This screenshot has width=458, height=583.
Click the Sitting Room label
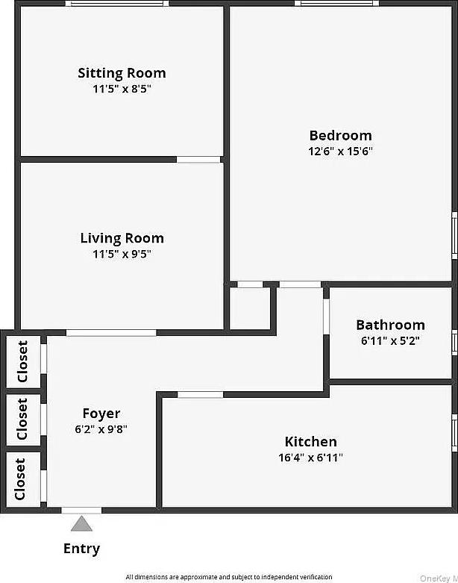pos(122,73)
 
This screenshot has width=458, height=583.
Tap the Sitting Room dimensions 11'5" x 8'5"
pos(122,89)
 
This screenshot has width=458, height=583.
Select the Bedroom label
pos(340,135)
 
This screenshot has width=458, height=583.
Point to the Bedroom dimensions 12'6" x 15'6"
pos(340,151)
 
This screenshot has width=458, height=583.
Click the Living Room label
pos(122,238)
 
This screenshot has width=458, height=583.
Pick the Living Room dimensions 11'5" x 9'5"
pos(122,254)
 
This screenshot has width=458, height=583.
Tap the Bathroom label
pos(390,325)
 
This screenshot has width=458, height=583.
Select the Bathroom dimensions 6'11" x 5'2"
pos(390,340)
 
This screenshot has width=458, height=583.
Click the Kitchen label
pos(310,441)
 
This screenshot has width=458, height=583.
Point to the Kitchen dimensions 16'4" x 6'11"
pos(310,458)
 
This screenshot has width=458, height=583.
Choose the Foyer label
pos(101,414)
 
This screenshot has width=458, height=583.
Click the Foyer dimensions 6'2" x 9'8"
pos(101,429)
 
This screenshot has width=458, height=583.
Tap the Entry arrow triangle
pos(81,523)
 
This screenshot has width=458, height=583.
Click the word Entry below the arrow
pos(81,549)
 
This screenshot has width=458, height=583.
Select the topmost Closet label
pos(23,361)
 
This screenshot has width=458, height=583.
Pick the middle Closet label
pos(23,419)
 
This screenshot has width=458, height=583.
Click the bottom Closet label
pos(20,478)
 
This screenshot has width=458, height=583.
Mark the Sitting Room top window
pos(117,4)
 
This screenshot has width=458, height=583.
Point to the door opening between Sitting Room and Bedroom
pos(198,159)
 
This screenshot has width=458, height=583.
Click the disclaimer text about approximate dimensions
pos(228,577)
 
